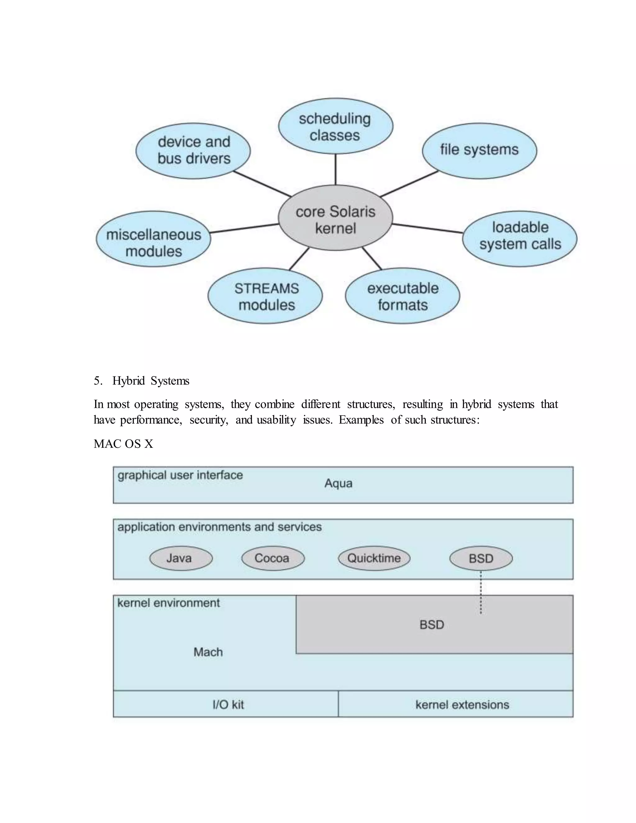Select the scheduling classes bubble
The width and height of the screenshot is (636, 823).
pyautogui.click(x=335, y=127)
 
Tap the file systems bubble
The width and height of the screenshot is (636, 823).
pyautogui.click(x=479, y=150)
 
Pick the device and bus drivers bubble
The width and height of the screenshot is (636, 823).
pyautogui.click(x=193, y=150)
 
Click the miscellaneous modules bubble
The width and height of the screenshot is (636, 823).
pyautogui.click(x=153, y=239)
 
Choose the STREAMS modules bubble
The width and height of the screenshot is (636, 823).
pyautogui.click(x=265, y=296)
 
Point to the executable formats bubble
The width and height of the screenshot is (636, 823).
pyautogui.click(x=402, y=296)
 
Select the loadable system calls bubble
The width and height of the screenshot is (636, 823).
pyautogui.click(x=520, y=239)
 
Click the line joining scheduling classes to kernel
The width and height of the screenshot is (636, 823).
pyautogui.click(x=335, y=170)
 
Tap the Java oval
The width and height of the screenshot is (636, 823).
pyautogui.click(x=181, y=558)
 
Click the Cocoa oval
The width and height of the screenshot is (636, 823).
pyautogui.click(x=272, y=558)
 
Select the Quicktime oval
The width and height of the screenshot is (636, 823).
pyautogui.click(x=374, y=558)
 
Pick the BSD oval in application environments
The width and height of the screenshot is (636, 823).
pyautogui.click(x=481, y=558)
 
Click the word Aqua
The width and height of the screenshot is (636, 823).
pyautogui.click(x=338, y=484)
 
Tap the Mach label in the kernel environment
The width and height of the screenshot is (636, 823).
pyautogui.click(x=208, y=652)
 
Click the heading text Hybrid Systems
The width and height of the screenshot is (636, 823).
pyautogui.click(x=151, y=381)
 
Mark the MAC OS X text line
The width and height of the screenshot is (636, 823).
pyautogui.click(x=124, y=444)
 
